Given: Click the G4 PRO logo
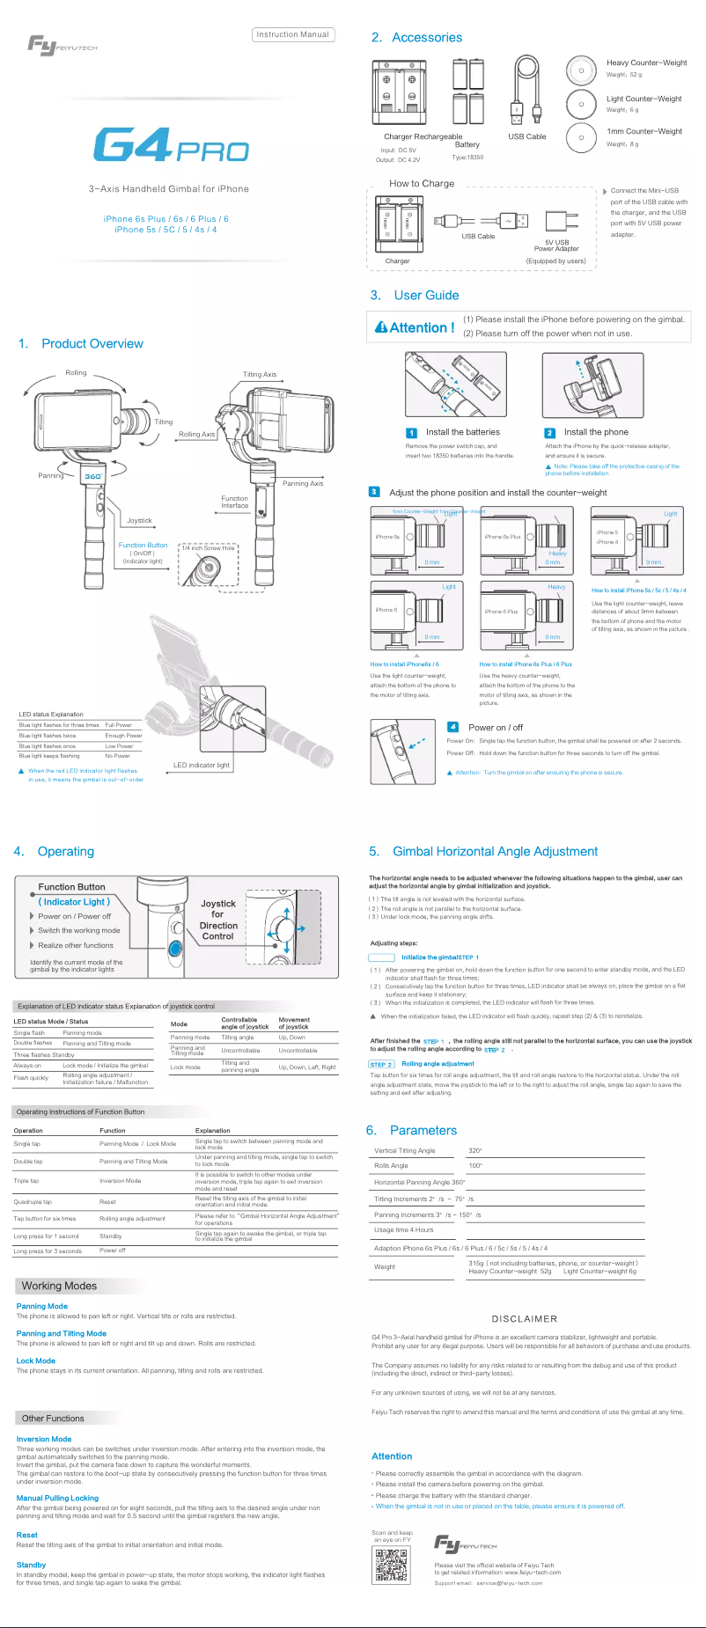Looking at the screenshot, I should (171, 145).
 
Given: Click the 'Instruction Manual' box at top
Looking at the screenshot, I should (292, 35).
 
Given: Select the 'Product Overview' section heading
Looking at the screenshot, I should (92, 344).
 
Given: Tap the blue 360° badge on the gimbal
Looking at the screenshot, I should (93, 475).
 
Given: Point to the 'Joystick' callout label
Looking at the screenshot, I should (139, 520).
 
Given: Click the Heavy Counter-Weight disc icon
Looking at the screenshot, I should (581, 70).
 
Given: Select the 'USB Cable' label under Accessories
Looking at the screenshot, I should (526, 136).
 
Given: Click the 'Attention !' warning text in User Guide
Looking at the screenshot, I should (415, 327).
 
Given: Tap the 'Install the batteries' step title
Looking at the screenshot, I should (462, 432).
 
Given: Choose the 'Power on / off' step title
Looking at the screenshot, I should (495, 728).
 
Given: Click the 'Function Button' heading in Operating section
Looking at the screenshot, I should (71, 887).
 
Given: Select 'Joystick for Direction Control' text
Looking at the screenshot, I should (218, 920).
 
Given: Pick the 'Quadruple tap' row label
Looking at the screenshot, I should (33, 1201).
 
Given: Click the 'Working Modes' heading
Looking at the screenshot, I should (59, 1286).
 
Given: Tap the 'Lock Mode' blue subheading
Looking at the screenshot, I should (36, 1360).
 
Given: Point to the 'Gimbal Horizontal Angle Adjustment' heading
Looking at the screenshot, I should (495, 852).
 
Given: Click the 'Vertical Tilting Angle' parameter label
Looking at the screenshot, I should (404, 1150).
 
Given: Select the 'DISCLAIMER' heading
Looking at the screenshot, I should (524, 1318).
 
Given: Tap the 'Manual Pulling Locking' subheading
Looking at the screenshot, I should (57, 1498).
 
